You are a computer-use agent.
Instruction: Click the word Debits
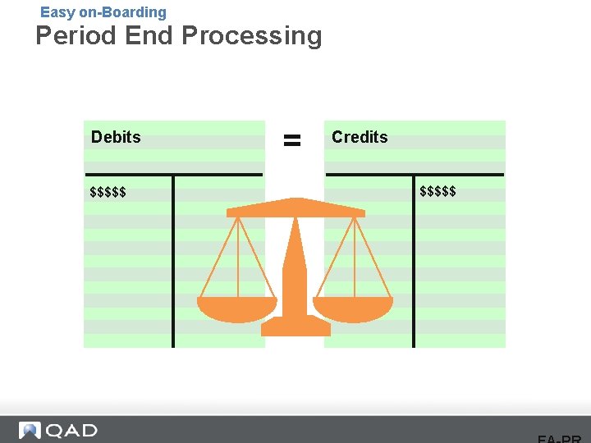point(116,137)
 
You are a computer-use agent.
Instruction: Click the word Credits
point(360,137)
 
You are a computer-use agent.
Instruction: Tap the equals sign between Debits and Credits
point(292,140)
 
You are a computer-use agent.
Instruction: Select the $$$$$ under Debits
point(108,193)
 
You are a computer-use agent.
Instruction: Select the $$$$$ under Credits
point(438,192)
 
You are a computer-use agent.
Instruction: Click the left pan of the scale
point(237,308)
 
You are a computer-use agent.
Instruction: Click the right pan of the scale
point(353,308)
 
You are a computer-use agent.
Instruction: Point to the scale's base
point(295,327)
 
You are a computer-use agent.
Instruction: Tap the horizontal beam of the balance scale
point(295,209)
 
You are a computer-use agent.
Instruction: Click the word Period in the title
point(76,36)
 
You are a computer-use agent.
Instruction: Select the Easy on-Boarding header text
point(103,12)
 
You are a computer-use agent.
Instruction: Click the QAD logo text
point(71,431)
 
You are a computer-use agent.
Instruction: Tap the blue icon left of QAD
point(30,431)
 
